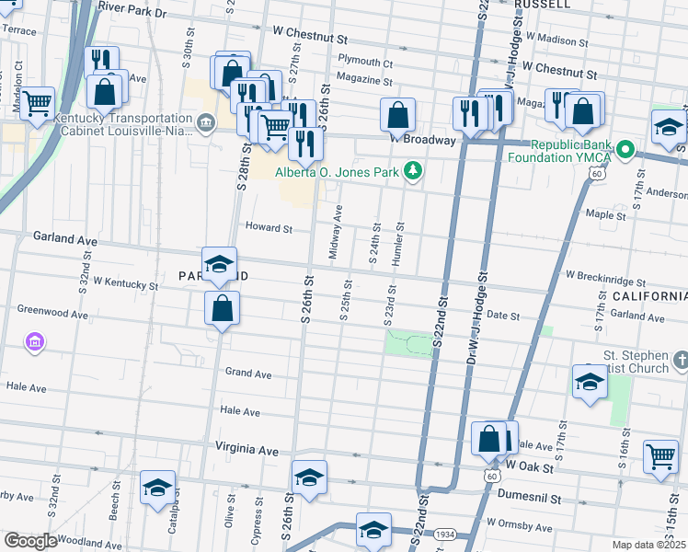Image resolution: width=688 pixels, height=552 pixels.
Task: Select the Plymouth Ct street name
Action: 365,63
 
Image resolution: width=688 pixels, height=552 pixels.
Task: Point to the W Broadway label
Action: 422,140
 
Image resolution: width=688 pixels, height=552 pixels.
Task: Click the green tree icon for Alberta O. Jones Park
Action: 414,169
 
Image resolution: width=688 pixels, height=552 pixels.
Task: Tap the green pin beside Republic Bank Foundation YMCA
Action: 626,148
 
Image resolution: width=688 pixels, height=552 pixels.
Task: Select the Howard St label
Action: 268,228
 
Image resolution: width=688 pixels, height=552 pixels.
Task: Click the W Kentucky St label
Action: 125,284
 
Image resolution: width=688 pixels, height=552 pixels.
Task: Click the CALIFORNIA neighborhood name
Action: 649,296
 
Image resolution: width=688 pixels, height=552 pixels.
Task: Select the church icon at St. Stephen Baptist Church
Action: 681,358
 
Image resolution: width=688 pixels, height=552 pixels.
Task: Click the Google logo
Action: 30,540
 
